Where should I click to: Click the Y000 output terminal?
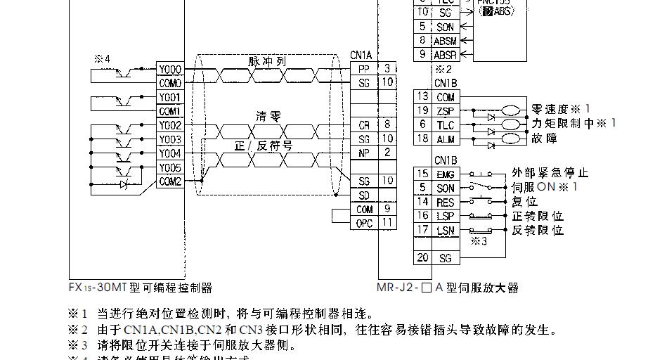169,70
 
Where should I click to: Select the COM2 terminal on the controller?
169,181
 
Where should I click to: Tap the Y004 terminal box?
169,153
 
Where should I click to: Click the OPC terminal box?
364,223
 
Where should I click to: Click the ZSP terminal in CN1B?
445,110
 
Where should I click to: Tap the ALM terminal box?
445,139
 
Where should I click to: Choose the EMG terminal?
445,174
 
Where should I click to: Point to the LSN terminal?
445,230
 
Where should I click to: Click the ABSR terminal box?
445,54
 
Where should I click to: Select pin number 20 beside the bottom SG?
422,258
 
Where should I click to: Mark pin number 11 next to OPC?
387,223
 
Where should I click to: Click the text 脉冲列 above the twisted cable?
267,61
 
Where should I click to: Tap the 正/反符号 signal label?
264,146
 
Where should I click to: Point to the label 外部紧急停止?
550,173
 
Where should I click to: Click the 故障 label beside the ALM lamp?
545,139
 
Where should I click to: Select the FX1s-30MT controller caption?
140,288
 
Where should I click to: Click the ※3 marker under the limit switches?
479,241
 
